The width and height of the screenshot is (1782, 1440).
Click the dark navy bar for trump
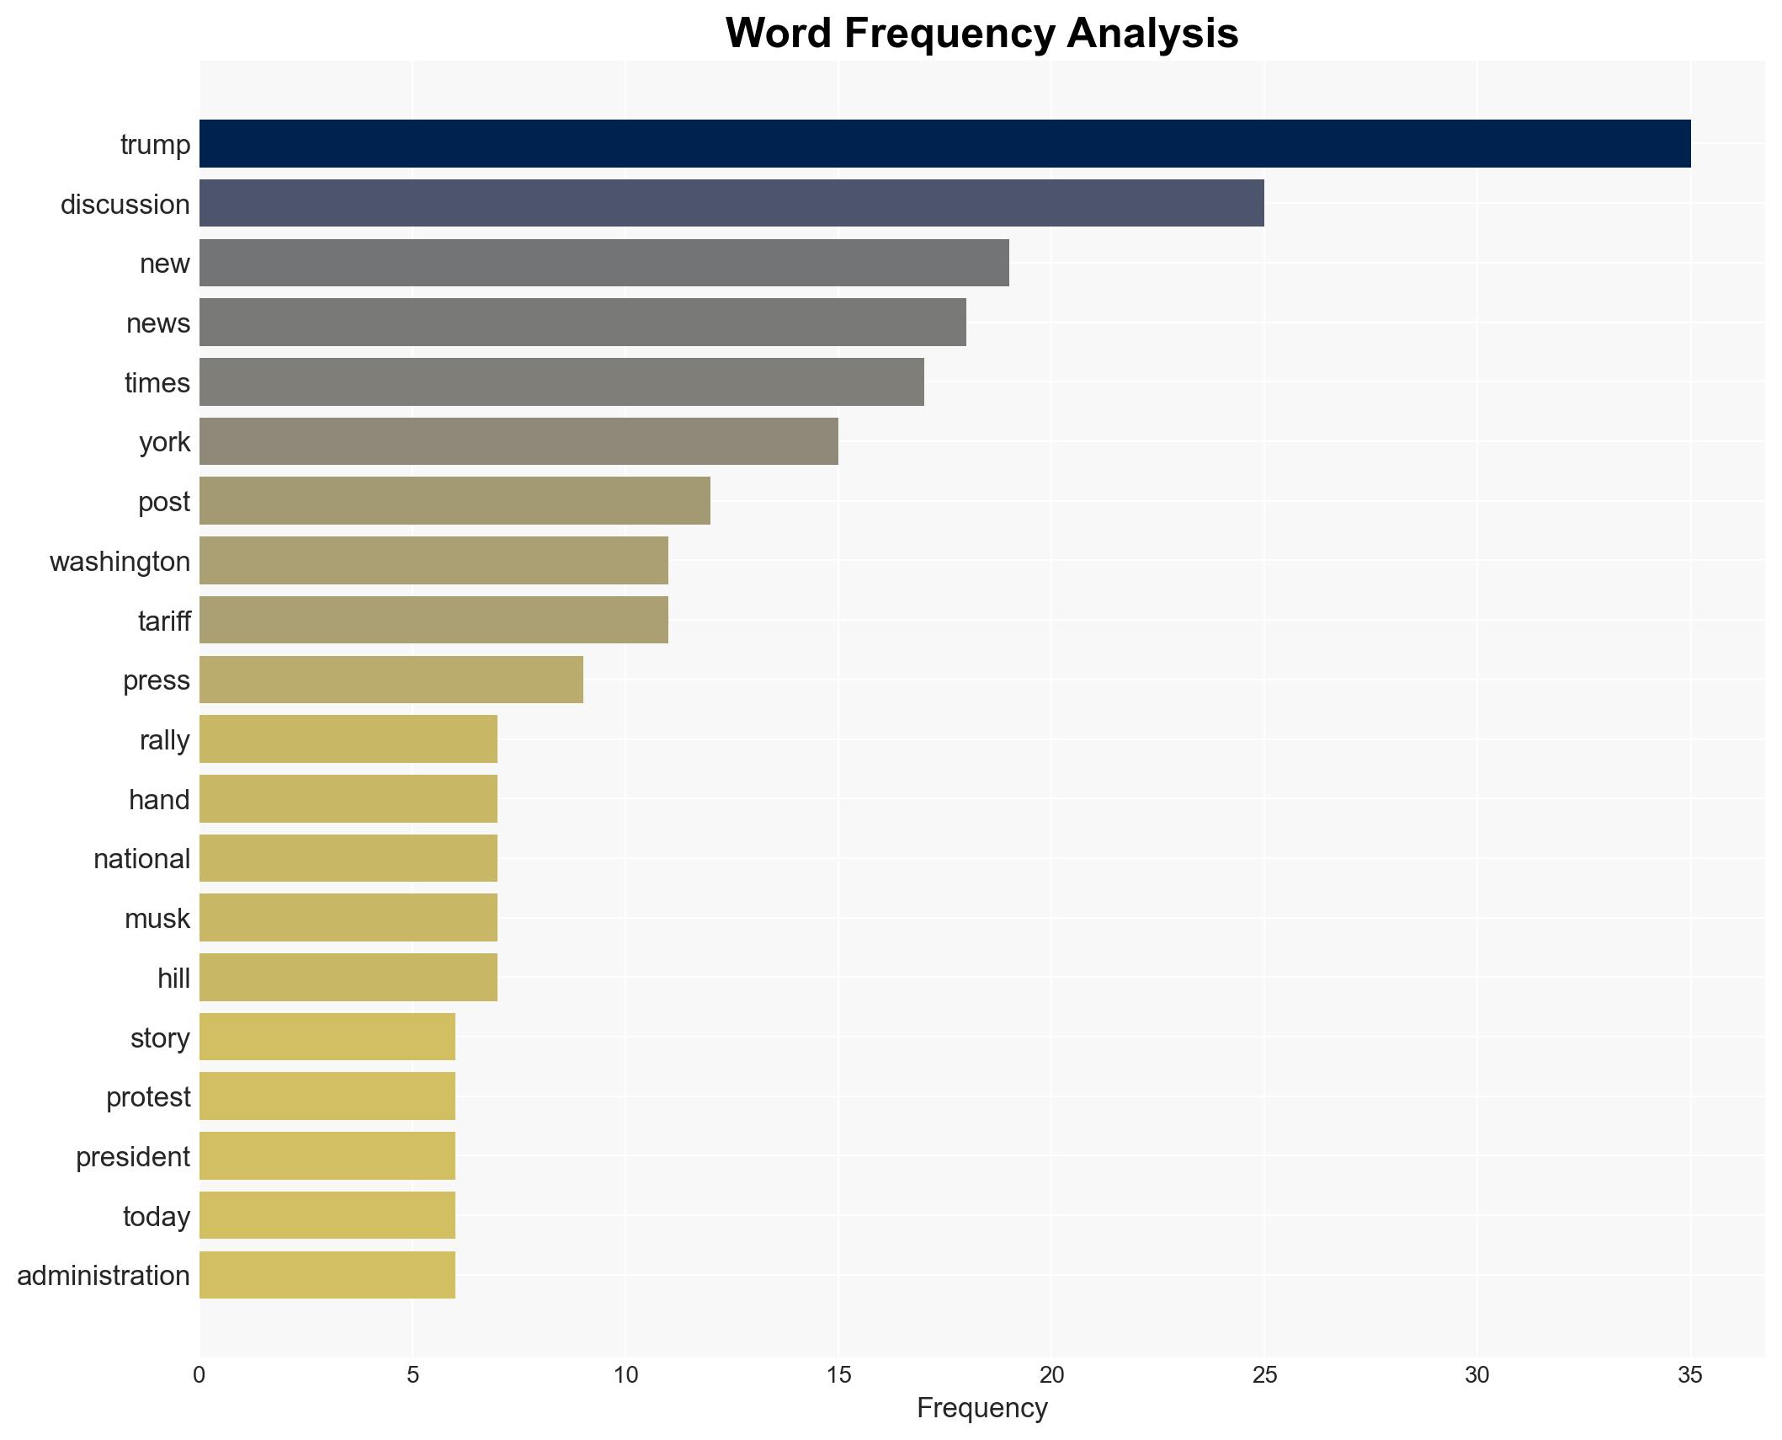[x=944, y=143]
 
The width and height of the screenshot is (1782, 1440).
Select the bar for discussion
[x=731, y=203]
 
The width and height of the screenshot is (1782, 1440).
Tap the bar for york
[x=519, y=441]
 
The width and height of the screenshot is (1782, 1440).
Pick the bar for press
[x=391, y=680]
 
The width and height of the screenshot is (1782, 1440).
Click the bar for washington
[x=434, y=560]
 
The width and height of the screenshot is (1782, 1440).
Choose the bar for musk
[x=348, y=918]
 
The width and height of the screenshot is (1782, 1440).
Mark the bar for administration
[x=327, y=1275]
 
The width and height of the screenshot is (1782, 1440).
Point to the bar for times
[x=561, y=381]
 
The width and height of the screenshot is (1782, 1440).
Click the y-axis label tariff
[x=164, y=621]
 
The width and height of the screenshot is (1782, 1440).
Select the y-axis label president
[x=133, y=1156]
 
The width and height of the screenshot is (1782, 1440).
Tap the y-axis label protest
[x=148, y=1096]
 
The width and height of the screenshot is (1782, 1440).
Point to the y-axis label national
[x=141, y=858]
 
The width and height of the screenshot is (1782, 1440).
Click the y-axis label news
[x=158, y=323]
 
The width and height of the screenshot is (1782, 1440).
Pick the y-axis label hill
[x=173, y=978]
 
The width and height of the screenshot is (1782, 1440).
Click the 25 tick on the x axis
[x=1263, y=1375]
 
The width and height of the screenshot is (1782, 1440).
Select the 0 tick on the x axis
[x=199, y=1375]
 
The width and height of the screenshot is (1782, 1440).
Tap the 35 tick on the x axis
[x=1689, y=1375]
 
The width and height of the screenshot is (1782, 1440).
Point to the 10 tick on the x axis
[x=625, y=1375]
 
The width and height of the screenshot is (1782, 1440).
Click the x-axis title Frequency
[x=981, y=1408]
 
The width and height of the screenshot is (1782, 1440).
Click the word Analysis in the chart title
[x=1152, y=34]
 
